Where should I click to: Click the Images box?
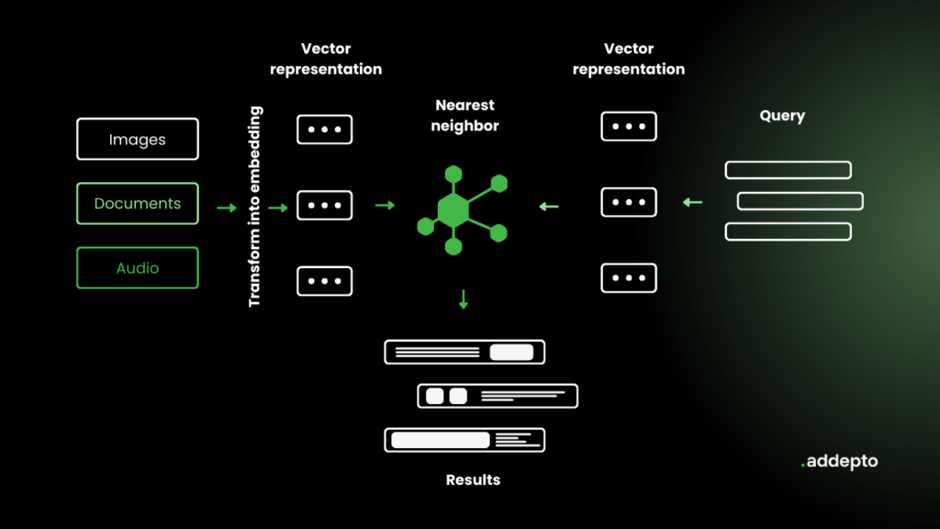pos(138,140)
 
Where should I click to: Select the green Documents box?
pos(138,204)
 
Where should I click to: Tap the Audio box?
pos(138,268)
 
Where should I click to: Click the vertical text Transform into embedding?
pos(255,207)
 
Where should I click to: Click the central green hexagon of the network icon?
pos(453,211)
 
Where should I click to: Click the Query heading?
pos(782,116)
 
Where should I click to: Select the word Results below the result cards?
pos(473,479)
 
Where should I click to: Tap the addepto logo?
pos(839,462)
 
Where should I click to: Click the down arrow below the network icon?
pos(464,299)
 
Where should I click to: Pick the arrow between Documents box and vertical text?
pos(226,208)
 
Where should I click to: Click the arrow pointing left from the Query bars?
pos(692,202)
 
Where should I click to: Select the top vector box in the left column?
pos(325,129)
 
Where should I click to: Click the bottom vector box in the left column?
pos(325,281)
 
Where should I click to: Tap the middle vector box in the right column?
pos(629,202)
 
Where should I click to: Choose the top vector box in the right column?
pos(629,126)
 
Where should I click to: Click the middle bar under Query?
pos(800,201)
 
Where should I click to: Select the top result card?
pos(464,352)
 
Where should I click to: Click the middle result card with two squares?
pos(498,396)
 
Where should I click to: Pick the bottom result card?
pos(464,440)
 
